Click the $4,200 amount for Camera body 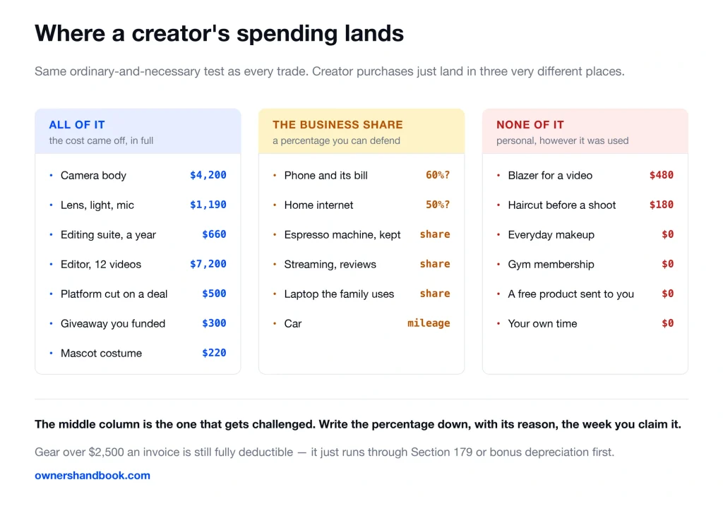[x=208, y=175]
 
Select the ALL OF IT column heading [x=77, y=125]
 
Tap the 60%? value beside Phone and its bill [x=438, y=175]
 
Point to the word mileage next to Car [x=429, y=323]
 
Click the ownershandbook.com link [x=92, y=476]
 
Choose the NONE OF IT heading [x=530, y=125]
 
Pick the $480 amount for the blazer [x=661, y=175]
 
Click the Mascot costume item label [x=102, y=354]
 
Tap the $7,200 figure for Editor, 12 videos [x=208, y=264]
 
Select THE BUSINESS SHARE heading [x=337, y=125]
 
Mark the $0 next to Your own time [x=668, y=323]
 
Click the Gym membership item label [x=551, y=265]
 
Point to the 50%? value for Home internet [x=438, y=205]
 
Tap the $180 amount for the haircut [x=661, y=205]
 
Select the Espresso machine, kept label [x=342, y=235]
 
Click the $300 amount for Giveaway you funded [x=214, y=323]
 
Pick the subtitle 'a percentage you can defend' [x=336, y=140]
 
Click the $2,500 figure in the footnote [x=106, y=452]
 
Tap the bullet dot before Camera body [x=51, y=175]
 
